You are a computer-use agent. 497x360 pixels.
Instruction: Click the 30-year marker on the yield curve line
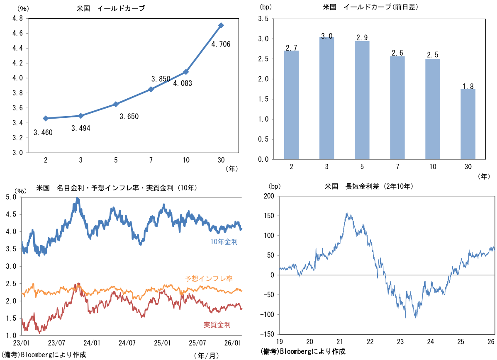pos(221,25)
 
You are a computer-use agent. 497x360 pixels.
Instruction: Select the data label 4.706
pos(220,44)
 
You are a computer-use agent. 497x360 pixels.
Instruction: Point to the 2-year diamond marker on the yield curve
pos(46,119)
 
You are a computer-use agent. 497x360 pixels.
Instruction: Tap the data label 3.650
pos(129,117)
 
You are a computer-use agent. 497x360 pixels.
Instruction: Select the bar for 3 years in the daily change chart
pos(326,98)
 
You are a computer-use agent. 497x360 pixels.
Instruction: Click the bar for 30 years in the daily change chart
pos(468,124)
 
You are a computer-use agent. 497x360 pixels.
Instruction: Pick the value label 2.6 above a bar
pos(397,52)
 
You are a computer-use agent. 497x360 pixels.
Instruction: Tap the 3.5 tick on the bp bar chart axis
pos(263,19)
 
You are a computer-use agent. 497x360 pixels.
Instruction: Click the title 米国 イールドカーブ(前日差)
pos(369,8)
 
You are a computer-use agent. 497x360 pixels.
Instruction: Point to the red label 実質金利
pos(217,325)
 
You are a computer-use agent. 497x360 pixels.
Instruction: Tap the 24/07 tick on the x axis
pos(127,343)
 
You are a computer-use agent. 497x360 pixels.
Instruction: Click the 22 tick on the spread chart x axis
pos(370,342)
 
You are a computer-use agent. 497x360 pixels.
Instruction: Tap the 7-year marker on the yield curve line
pos(151,89)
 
